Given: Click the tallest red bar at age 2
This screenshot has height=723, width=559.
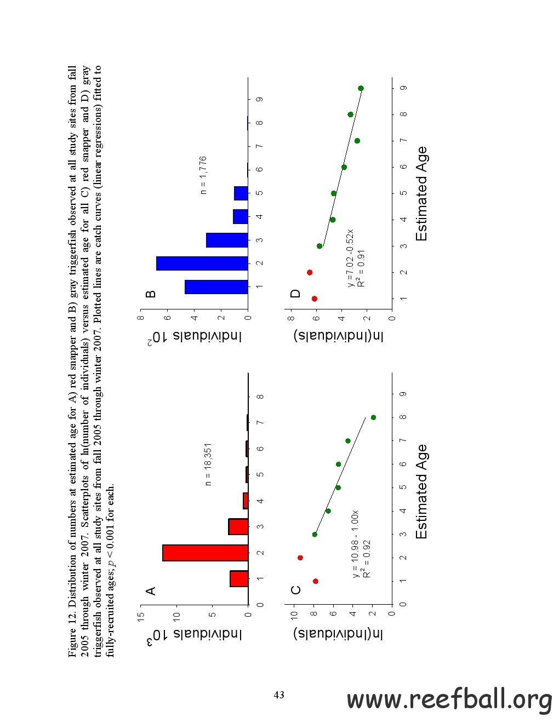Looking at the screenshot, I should [206, 553].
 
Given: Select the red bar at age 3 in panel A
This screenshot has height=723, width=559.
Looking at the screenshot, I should [238, 526].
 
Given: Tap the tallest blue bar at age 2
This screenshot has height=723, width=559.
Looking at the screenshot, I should [202, 263].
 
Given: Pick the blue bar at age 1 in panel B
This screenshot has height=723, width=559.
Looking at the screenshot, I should [216, 286].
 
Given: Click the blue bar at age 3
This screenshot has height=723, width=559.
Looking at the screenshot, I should [227, 240].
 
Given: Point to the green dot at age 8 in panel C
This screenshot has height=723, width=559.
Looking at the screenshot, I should [373, 417].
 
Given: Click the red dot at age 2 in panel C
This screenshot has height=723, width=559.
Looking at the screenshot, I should [300, 558].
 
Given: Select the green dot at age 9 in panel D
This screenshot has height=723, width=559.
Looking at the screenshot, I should [361, 88].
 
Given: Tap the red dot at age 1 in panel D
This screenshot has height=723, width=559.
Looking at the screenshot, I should [315, 299].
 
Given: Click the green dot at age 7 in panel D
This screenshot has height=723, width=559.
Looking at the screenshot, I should [357, 141].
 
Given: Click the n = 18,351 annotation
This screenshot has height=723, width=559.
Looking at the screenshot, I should [208, 464].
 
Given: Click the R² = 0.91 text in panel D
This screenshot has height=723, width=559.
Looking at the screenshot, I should [361, 268].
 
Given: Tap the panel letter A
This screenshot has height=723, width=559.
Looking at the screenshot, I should [151, 590].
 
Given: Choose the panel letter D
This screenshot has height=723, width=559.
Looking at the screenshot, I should [296, 294].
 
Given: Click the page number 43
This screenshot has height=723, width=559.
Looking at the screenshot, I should [279, 695].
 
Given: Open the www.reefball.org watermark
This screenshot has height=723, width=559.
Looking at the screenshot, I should [449, 700].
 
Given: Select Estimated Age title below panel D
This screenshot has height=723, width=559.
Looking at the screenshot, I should [421, 194].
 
